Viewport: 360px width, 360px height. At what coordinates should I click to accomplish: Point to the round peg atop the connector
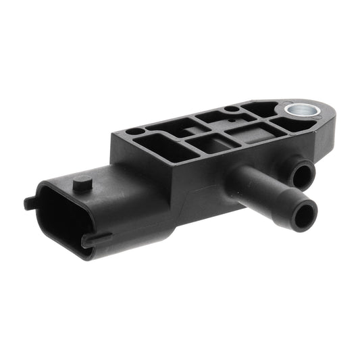click(x=82, y=182)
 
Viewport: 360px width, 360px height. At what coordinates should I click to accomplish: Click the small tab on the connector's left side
click(x=28, y=202)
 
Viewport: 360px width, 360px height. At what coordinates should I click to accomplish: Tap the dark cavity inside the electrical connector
click(x=57, y=219)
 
